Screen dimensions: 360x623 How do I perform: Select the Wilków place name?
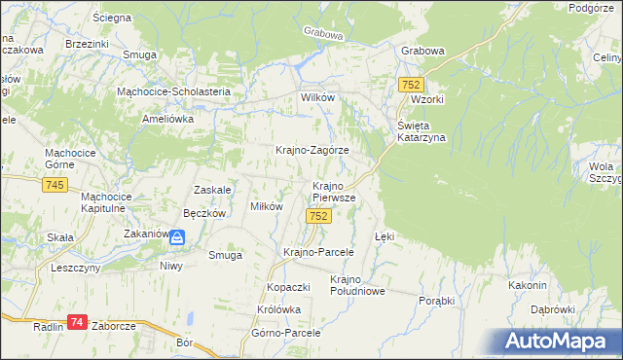coord(317,98)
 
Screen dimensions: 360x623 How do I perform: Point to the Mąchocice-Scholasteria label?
coord(172,91)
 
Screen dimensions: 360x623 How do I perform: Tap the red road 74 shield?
coord(78,322)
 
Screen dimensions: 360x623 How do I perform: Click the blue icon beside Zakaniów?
coord(177,236)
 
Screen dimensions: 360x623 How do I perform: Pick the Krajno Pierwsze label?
coord(333,191)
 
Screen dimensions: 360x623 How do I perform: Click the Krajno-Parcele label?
coord(317,251)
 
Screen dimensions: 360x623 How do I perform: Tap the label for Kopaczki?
coord(288,288)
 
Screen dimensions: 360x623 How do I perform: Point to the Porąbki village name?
coord(436,301)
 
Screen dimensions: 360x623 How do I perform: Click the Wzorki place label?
coord(427,100)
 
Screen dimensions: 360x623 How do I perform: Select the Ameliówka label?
coord(168,118)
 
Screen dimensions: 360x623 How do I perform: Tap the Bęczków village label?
coord(204,213)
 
